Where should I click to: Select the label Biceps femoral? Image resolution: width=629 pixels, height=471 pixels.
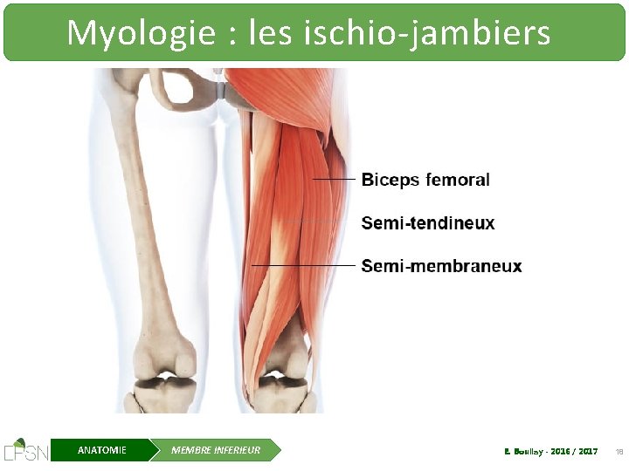[x=425, y=181]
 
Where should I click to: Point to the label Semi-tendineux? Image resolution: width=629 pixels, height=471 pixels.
[x=428, y=223]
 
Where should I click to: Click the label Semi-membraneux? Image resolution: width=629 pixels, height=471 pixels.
[x=441, y=266]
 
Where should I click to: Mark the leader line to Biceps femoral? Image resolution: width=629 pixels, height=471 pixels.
[x=334, y=180]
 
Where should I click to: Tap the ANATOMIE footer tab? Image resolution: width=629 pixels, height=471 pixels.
[x=101, y=450]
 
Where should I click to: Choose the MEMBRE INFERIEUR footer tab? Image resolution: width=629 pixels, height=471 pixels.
[x=216, y=450]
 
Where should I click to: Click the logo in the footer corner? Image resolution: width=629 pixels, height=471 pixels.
[x=25, y=449]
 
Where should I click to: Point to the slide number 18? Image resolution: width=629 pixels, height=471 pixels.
[x=619, y=451]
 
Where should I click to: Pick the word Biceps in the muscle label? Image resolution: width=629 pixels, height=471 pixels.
[x=390, y=181]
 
